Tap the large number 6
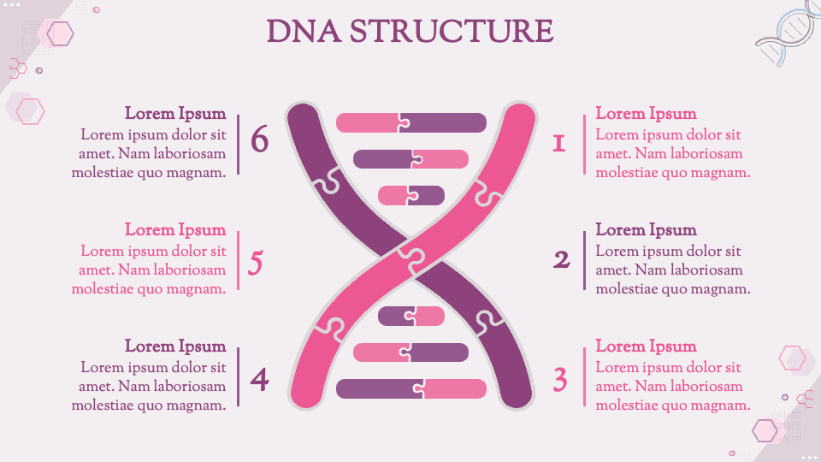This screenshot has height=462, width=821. (259, 139)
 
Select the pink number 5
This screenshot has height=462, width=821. (255, 264)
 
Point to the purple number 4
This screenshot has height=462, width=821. (259, 378)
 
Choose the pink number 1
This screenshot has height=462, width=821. (559, 144)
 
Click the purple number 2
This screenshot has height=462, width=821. (561, 259)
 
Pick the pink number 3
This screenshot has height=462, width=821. (560, 379)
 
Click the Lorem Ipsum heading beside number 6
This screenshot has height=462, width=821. (175, 114)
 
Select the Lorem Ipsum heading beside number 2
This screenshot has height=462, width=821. (646, 230)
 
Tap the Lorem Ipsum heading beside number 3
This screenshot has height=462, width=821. (646, 346)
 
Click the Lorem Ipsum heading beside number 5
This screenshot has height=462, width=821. (175, 230)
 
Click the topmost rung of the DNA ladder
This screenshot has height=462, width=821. (410, 122)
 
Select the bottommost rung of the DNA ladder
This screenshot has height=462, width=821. (410, 389)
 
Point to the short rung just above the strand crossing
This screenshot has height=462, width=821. (410, 195)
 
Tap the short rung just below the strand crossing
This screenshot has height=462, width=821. (410, 317)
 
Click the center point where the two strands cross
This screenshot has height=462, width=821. (410, 256)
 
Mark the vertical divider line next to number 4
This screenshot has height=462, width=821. (239, 376)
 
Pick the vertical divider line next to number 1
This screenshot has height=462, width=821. (585, 144)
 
